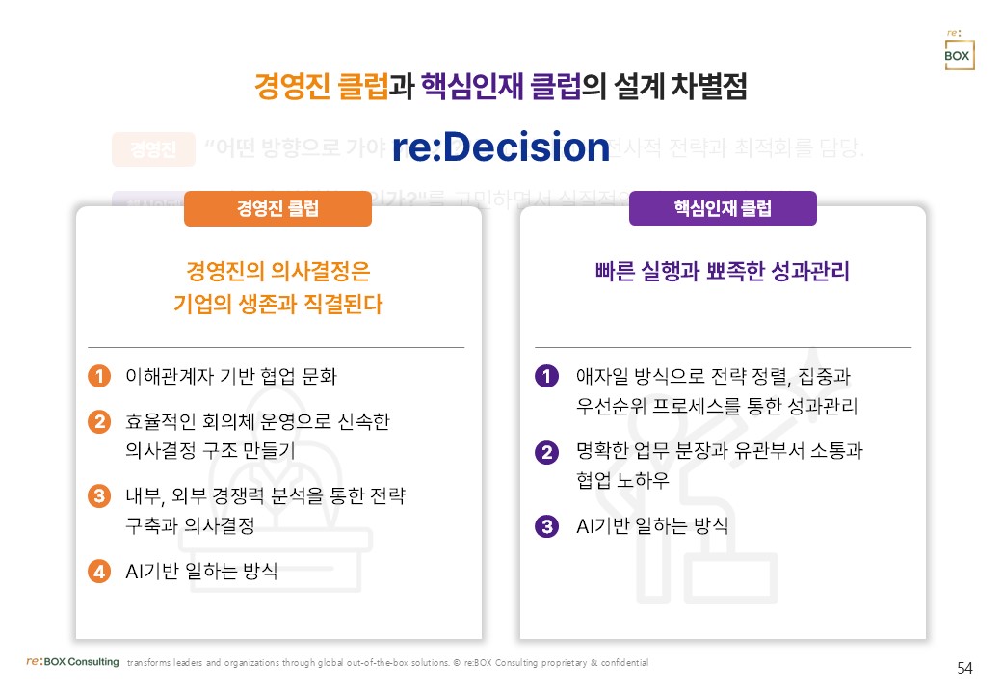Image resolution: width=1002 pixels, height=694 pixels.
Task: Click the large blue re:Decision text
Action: [x=500, y=147]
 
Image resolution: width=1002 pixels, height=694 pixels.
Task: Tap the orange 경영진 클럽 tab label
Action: [x=277, y=208]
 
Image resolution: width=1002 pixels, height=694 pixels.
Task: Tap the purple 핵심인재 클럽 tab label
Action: [x=723, y=208]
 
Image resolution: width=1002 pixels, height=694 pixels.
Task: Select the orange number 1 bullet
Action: [x=98, y=376]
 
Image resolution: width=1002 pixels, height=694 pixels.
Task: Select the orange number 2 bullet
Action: [x=98, y=422]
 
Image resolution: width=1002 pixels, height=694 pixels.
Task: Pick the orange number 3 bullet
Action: [x=98, y=496]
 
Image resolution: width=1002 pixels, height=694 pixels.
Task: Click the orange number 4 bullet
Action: [x=98, y=571]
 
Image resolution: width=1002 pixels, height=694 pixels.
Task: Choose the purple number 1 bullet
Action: [x=546, y=376]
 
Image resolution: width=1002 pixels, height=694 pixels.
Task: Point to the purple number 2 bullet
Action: [x=546, y=451]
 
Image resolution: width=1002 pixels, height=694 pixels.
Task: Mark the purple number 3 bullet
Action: [x=546, y=526]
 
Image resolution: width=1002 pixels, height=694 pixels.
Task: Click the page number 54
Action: [x=964, y=668]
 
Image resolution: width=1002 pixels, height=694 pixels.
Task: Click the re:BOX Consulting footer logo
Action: [x=72, y=662]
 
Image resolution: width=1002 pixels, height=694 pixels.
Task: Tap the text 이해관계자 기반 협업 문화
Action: [x=231, y=376]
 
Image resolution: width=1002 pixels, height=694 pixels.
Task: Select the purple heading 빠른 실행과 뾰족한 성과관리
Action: [x=723, y=272]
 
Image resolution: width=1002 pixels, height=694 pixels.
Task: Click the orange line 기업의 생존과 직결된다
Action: [x=277, y=305]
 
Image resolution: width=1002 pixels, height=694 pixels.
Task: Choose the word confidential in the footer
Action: [x=625, y=663]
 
